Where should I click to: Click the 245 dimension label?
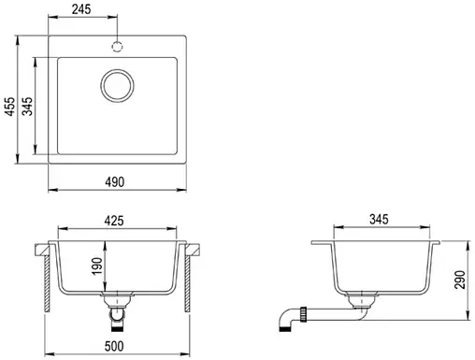(x=81, y=9)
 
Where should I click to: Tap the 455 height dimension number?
(x=10, y=107)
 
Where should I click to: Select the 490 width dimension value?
(x=114, y=182)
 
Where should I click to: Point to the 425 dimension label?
(x=114, y=221)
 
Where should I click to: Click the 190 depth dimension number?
(x=97, y=266)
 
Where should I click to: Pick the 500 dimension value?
(x=114, y=346)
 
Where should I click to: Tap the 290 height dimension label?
(x=460, y=280)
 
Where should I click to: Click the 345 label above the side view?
(x=379, y=220)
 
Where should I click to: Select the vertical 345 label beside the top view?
(x=28, y=107)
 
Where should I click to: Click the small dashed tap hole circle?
(x=117, y=47)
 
